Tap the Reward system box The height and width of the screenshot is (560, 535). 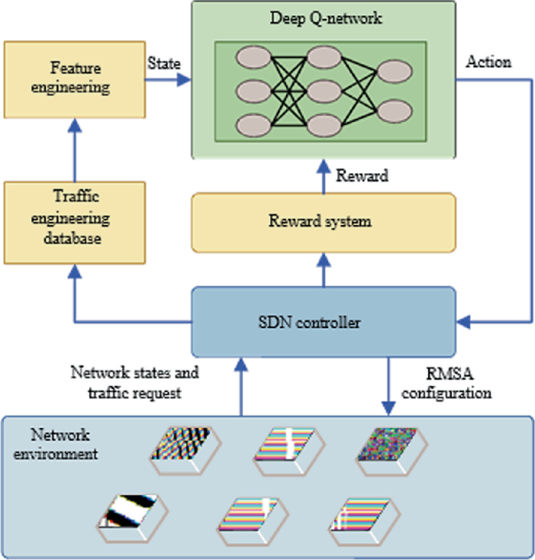[x=323, y=222]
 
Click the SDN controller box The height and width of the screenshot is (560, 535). [x=323, y=320]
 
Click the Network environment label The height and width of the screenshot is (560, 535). [x=64, y=443]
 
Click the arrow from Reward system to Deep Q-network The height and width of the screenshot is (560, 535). [x=323, y=173]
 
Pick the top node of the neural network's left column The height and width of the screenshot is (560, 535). [x=251, y=57]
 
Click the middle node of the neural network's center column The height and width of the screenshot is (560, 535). [x=322, y=88]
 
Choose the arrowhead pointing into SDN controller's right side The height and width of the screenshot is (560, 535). [x=462, y=320]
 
